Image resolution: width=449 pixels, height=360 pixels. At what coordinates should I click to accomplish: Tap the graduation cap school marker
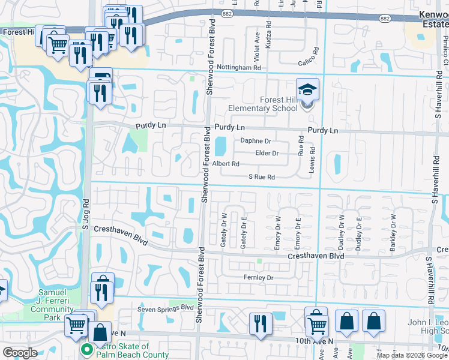point(307,90)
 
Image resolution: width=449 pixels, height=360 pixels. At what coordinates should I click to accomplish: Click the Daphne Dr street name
point(256,141)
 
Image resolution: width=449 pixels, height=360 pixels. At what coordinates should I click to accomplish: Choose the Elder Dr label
point(267,153)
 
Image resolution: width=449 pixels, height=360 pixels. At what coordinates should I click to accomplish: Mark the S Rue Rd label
point(262,177)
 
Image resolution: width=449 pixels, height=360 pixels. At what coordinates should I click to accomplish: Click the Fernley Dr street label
point(259,278)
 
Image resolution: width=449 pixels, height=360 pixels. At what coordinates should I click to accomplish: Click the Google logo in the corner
point(20,352)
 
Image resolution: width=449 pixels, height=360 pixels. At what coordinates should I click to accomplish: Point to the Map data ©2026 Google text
point(411,355)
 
